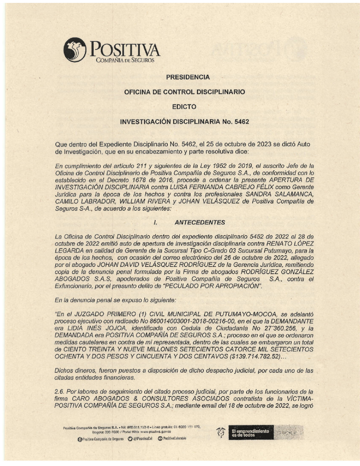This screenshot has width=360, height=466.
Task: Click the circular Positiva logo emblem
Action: click(75, 50)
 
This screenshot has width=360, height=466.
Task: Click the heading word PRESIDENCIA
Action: click(188, 77)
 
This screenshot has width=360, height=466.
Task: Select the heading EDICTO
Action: click(184, 107)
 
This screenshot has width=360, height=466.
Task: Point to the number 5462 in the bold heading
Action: click(242, 122)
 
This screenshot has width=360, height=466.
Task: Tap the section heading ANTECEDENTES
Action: click(200, 223)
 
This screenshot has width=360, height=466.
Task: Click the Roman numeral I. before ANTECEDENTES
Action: click(155, 223)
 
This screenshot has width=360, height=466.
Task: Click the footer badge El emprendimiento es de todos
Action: click(251, 433)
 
